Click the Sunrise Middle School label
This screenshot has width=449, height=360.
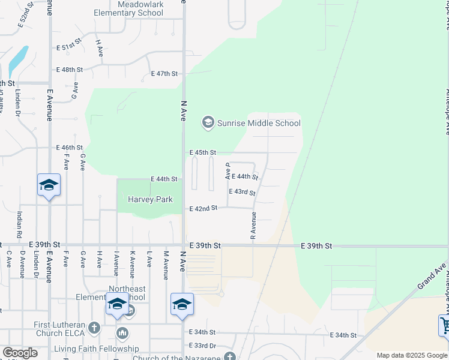259,124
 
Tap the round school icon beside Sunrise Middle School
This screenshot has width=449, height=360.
208,123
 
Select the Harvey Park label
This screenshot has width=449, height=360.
150,199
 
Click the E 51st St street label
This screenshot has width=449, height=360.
68,47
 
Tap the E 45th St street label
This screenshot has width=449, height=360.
202,153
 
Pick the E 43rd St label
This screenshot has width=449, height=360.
242,192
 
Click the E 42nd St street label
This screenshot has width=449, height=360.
203,209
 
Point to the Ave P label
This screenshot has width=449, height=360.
228,172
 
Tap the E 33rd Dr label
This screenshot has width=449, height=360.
202,346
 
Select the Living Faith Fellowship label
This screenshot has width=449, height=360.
96,349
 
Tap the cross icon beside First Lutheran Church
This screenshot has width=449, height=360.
94,328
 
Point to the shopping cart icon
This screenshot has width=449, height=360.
444,326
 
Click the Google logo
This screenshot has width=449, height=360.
20,353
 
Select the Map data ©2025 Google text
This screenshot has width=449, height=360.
412,355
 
